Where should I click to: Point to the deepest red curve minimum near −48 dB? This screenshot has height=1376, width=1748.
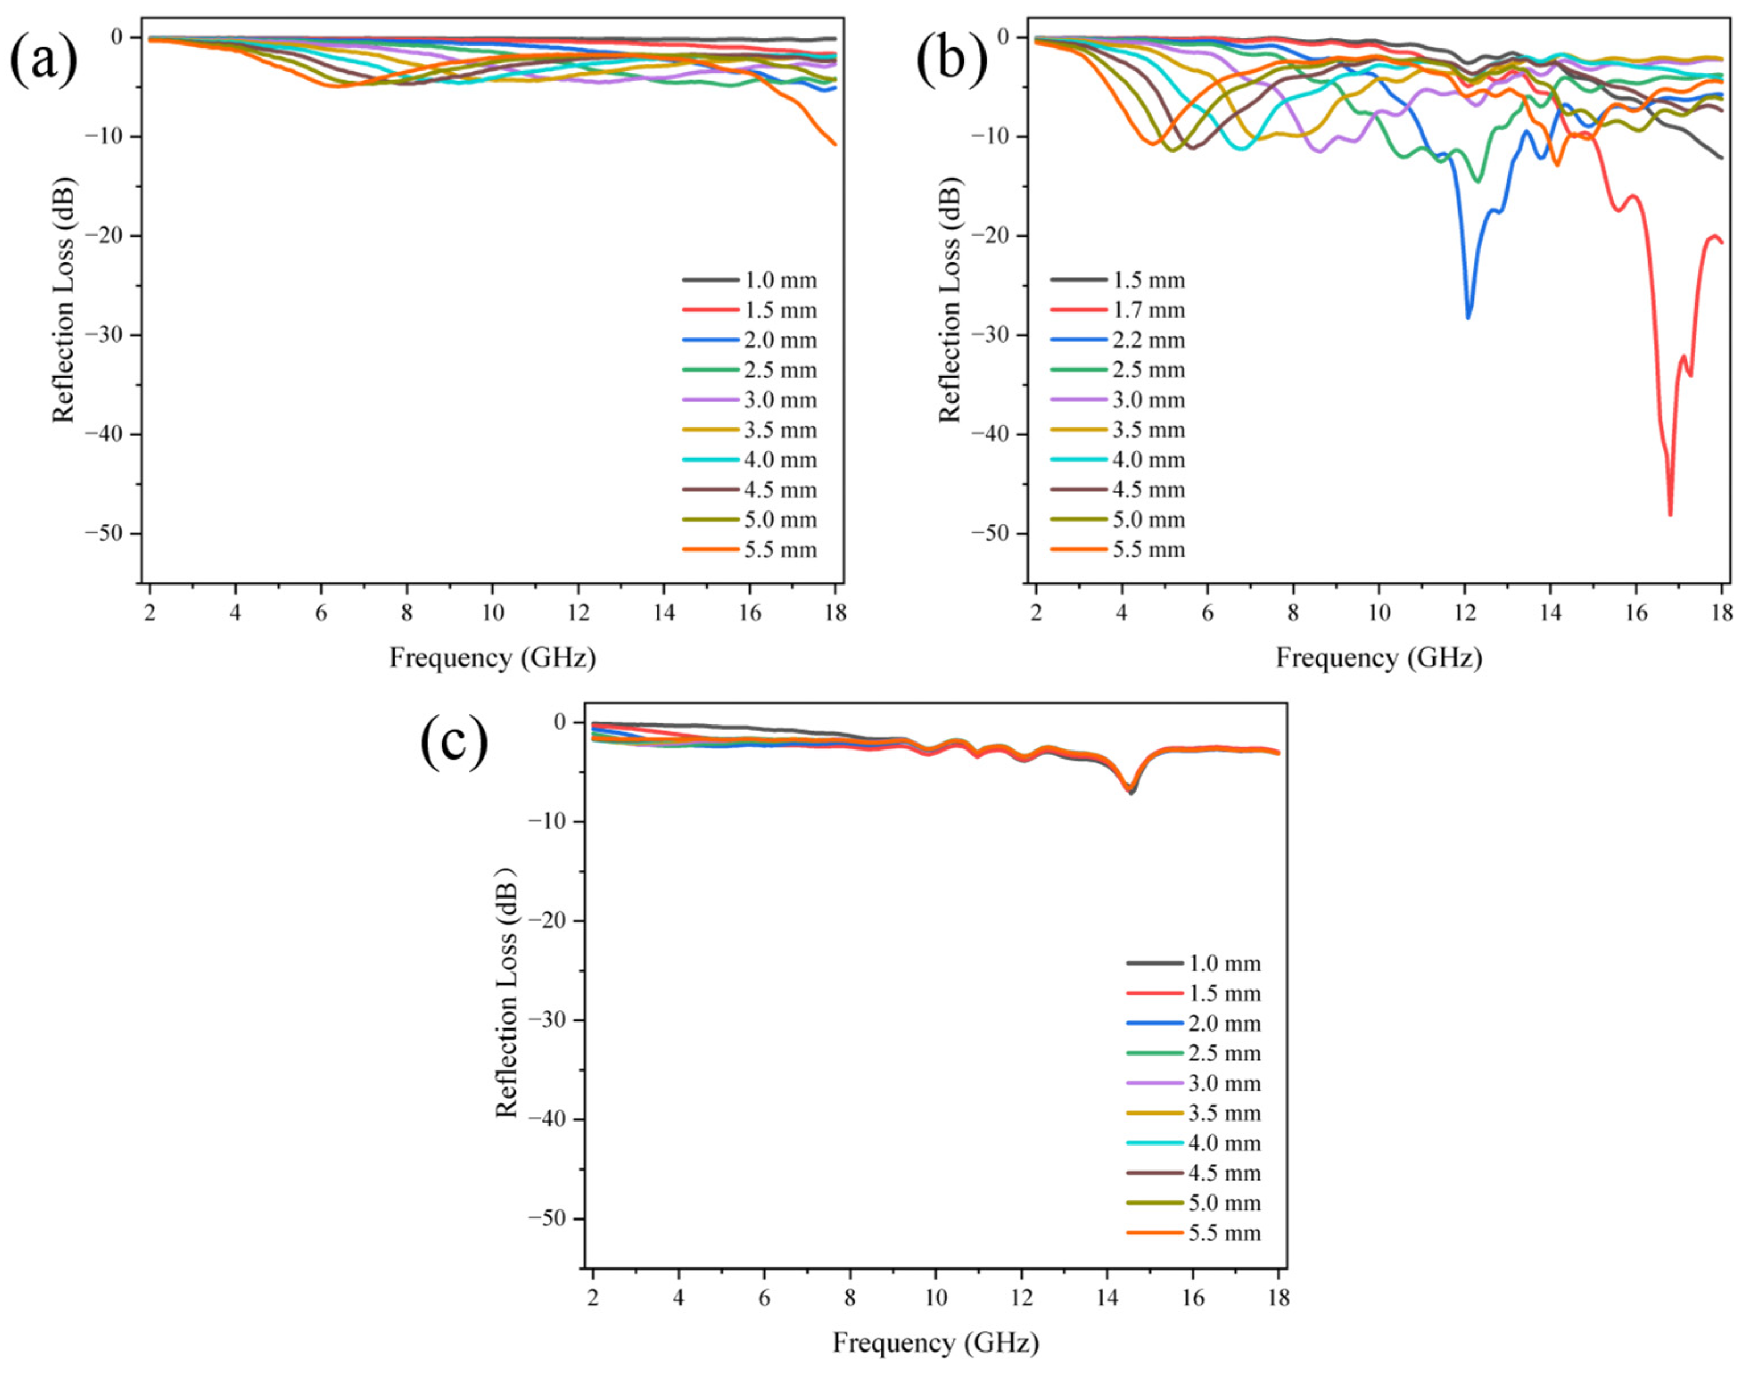1670,513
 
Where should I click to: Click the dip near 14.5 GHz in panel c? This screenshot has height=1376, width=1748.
1131,791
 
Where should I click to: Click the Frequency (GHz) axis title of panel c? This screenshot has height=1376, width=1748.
935,1343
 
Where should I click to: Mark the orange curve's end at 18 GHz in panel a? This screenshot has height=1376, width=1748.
835,144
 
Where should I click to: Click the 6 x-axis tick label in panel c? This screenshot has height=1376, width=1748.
764,1298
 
